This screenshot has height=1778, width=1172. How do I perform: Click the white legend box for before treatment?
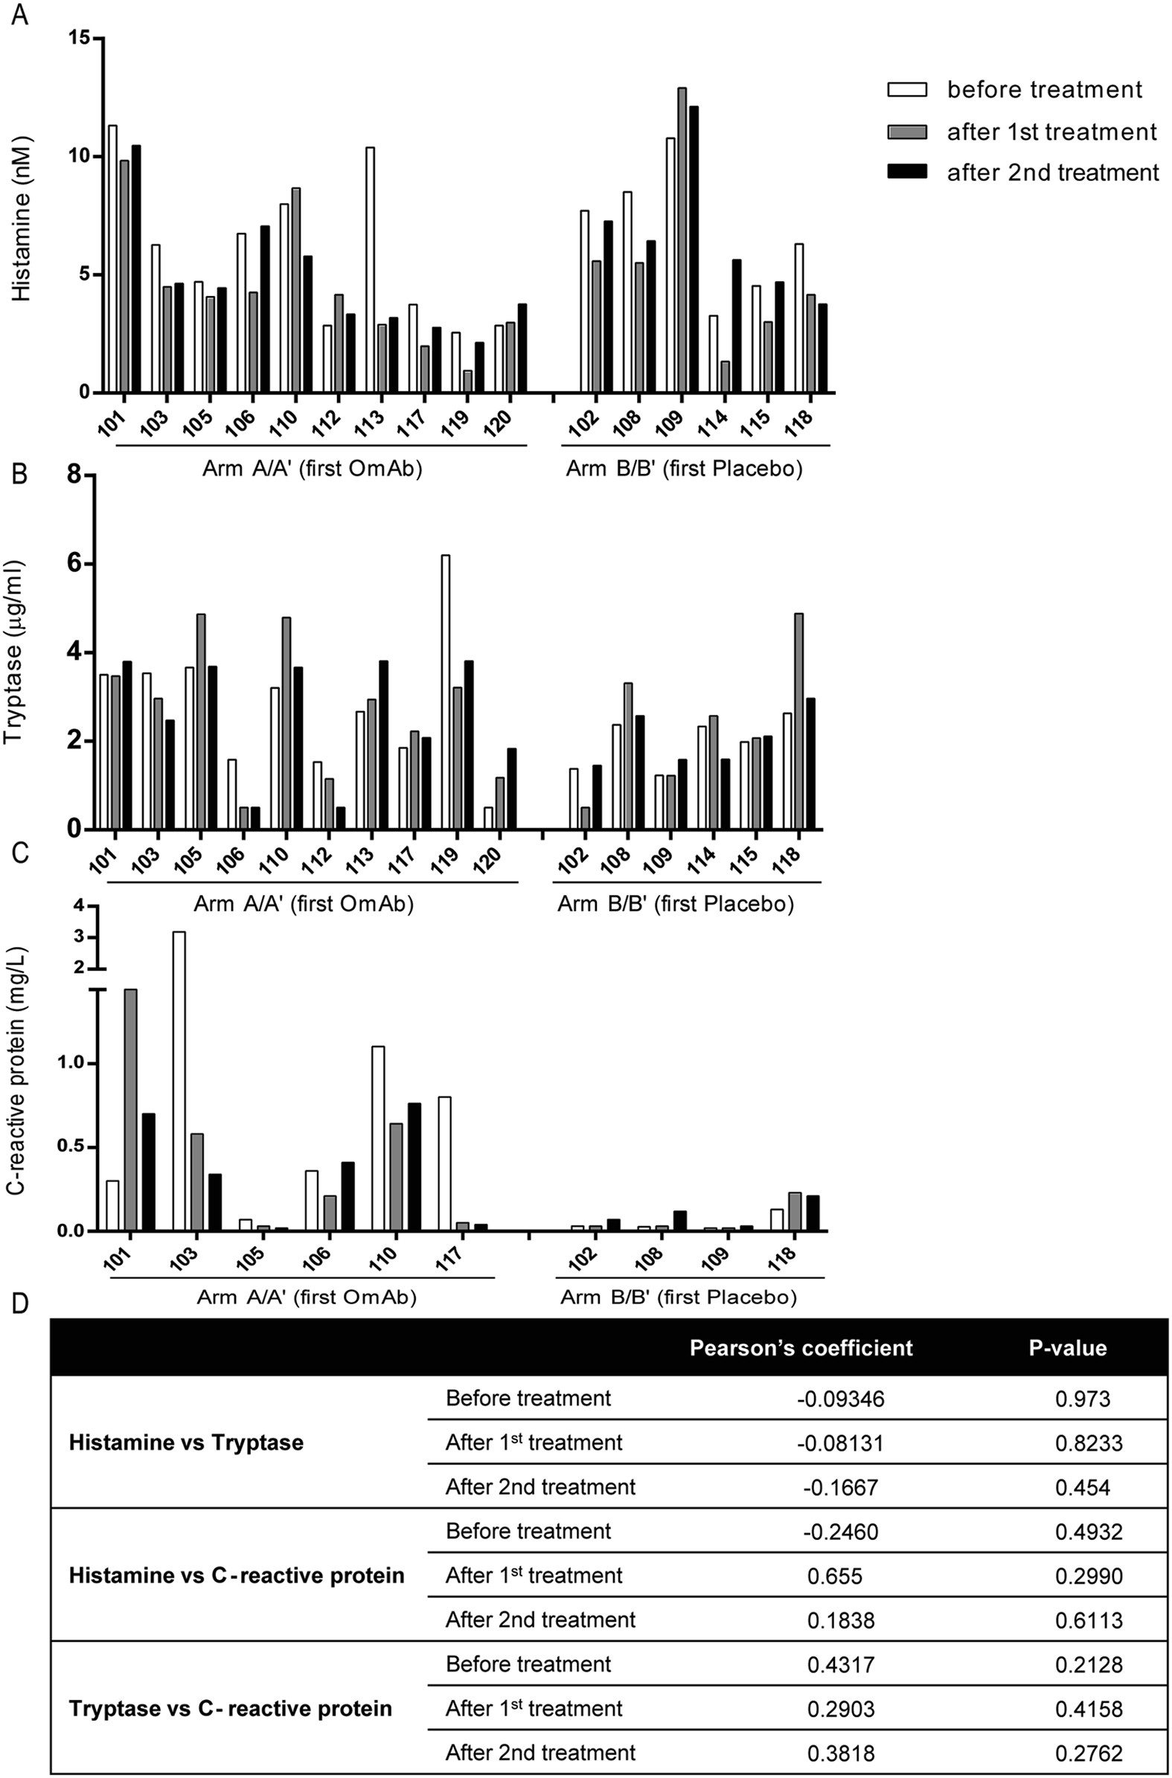pyautogui.click(x=906, y=90)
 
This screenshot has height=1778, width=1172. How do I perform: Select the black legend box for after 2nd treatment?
pyautogui.click(x=906, y=173)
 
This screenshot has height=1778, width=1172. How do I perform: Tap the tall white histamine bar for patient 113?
pyautogui.click(x=371, y=269)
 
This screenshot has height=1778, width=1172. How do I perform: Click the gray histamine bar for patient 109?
pyautogui.click(x=682, y=240)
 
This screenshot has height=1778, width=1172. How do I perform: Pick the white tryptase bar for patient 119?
pyautogui.click(x=446, y=691)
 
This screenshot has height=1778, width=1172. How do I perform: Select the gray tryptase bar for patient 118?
pyautogui.click(x=798, y=721)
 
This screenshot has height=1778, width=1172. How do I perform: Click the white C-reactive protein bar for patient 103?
pyautogui.click(x=179, y=1080)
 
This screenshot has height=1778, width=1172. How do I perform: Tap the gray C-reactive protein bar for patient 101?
pyautogui.click(x=130, y=1109)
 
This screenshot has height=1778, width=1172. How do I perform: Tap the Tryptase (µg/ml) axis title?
pyautogui.click(x=13, y=651)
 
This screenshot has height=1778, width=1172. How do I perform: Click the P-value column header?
pyautogui.click(x=1068, y=1347)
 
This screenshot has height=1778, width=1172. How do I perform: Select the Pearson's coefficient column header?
pyautogui.click(x=801, y=1347)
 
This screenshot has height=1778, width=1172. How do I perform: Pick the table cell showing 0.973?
pyautogui.click(x=1083, y=1398)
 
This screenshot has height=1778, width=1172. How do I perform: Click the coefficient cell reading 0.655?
pyautogui.click(x=834, y=1576)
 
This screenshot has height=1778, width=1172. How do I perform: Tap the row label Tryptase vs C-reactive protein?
pyautogui.click(x=230, y=1708)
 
